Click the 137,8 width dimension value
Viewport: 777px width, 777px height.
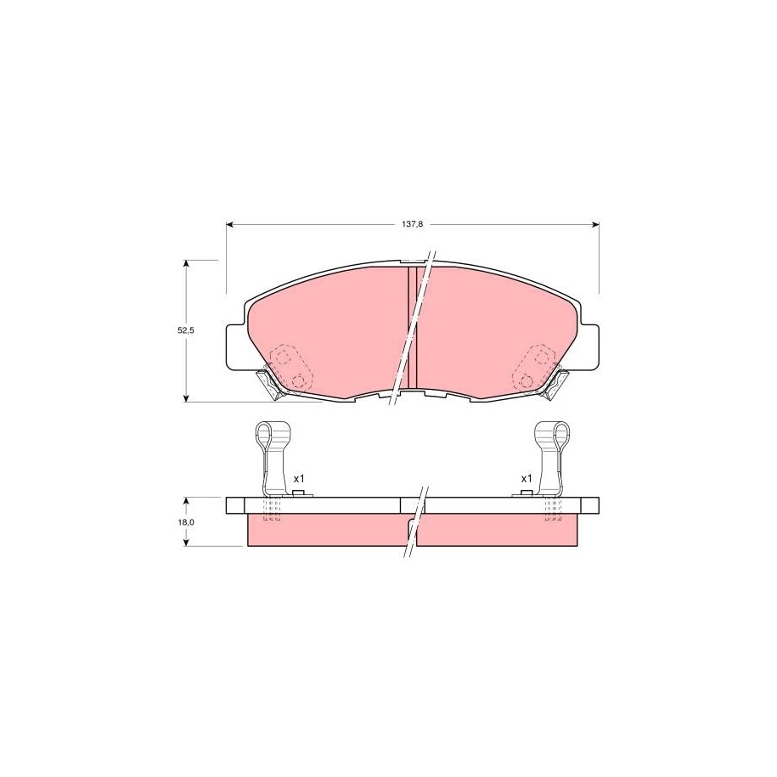pos(412,224)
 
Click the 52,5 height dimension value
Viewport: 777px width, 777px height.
pos(186,330)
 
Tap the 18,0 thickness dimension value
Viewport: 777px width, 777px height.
pos(186,521)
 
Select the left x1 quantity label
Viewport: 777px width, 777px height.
pos(298,479)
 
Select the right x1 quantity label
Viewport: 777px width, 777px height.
pos(526,479)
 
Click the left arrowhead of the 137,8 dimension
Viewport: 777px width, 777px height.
pos(229,225)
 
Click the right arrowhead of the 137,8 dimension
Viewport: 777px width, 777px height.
pos(595,225)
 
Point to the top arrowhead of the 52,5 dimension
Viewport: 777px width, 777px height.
pos(186,263)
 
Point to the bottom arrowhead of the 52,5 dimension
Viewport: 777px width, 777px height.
pos(186,397)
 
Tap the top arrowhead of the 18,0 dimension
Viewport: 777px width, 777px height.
pos(186,501)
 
